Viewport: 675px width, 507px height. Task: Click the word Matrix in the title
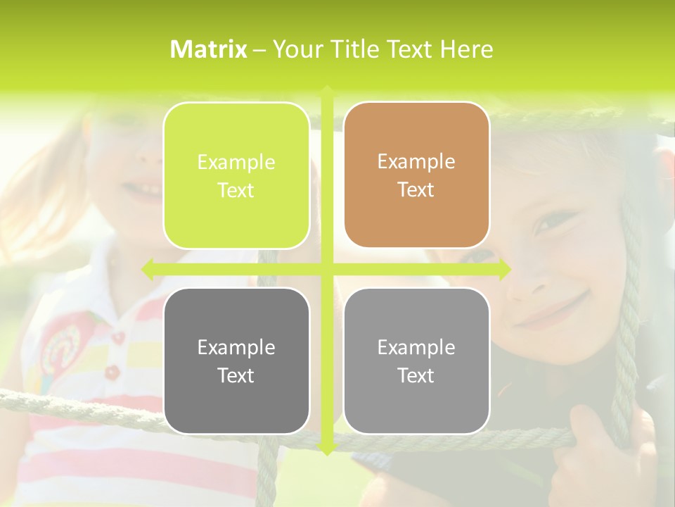209,49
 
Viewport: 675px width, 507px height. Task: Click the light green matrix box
236,176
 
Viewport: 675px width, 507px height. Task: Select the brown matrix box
416,175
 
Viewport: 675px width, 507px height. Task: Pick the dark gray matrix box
236,361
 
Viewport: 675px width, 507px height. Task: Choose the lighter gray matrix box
416,361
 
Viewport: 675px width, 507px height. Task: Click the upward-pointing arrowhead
327,91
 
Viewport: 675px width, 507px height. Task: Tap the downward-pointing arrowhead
327,449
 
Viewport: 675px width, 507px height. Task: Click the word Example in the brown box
416,162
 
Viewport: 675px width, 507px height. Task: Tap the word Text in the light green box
236,191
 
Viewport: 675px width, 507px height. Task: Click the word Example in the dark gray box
236,347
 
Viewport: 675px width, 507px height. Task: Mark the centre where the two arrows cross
327,269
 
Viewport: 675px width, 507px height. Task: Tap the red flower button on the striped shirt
112,370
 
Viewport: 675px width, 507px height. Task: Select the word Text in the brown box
416,190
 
